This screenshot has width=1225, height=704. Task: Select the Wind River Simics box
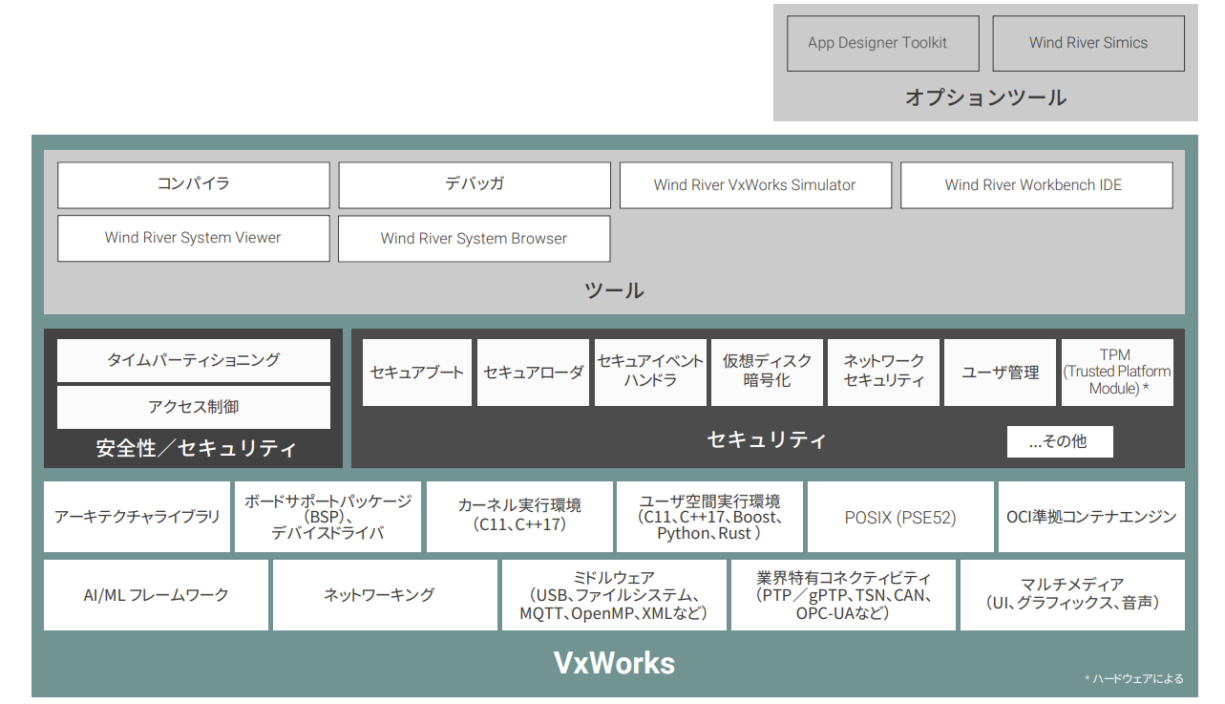coord(1088,43)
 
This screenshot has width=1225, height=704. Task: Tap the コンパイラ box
coord(193,185)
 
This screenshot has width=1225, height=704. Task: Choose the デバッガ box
coord(474,185)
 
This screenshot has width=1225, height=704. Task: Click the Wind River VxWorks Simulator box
coord(754,185)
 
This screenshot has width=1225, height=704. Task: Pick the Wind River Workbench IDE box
coord(1036,185)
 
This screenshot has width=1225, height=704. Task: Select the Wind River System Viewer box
coord(193,239)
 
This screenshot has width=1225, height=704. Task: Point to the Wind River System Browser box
coord(474,239)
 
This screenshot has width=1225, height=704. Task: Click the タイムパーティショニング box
coord(193,360)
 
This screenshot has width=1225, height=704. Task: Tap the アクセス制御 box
coord(193,407)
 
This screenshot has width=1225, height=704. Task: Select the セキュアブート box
coord(417,373)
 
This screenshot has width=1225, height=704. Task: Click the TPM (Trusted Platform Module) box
coord(1117,373)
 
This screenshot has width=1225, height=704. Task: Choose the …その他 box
coord(1059,441)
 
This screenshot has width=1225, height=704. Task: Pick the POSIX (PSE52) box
coord(899,518)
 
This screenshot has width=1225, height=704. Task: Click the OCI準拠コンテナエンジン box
coord(1090,518)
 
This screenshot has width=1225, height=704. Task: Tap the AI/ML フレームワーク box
coord(156,595)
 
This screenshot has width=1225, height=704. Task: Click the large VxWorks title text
coord(614,663)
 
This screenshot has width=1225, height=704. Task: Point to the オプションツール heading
coord(985,97)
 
